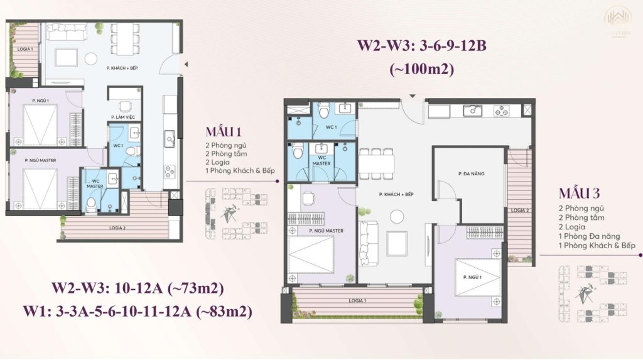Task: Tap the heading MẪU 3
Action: tap(580, 192)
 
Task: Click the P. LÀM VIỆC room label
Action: tap(121, 117)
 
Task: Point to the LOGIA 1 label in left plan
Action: tap(24, 49)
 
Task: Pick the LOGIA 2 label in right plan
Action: tap(519, 210)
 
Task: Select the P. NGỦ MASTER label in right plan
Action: tap(326, 231)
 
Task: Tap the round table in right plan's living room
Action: tap(397, 216)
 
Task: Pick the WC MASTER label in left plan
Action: tap(95, 183)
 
